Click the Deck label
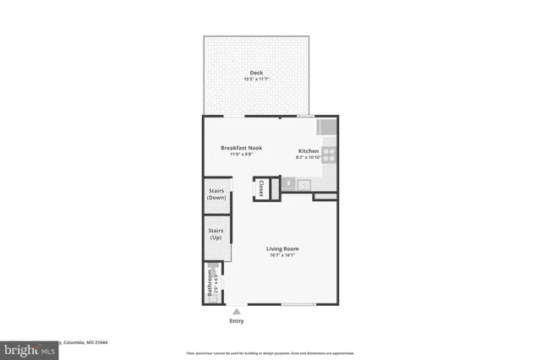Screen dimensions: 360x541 click(256, 73)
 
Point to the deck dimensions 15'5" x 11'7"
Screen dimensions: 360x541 click(256, 79)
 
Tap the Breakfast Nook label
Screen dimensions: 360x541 click(242, 148)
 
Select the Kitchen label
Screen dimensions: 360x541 click(308, 150)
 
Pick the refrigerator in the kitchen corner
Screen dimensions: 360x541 click(328, 128)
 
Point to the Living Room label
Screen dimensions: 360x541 click(282, 248)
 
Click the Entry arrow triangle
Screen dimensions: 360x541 click(236, 311)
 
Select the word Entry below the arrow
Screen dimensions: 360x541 click(236, 321)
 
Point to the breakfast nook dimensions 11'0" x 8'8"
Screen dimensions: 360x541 click(242, 155)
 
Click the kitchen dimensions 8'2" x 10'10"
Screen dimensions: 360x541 click(308, 157)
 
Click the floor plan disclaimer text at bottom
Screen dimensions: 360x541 click(270, 352)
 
